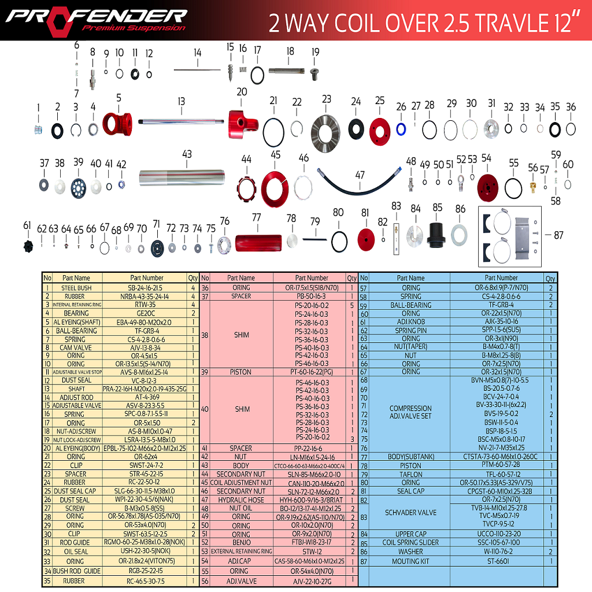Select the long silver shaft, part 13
pyautogui.click(x=182, y=122)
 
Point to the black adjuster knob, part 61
pyautogui.click(x=28, y=246)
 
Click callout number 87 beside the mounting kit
pyautogui.click(x=558, y=235)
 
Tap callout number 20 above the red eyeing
pyautogui.click(x=242, y=92)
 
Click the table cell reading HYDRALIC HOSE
pyautogui.click(x=241, y=499)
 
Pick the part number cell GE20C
pyautogui.click(x=145, y=313)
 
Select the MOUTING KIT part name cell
pyautogui.click(x=411, y=561)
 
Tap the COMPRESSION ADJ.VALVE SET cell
pyautogui.click(x=411, y=412)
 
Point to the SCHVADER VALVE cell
pyautogui.click(x=411, y=512)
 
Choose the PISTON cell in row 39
pyautogui.click(x=241, y=372)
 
